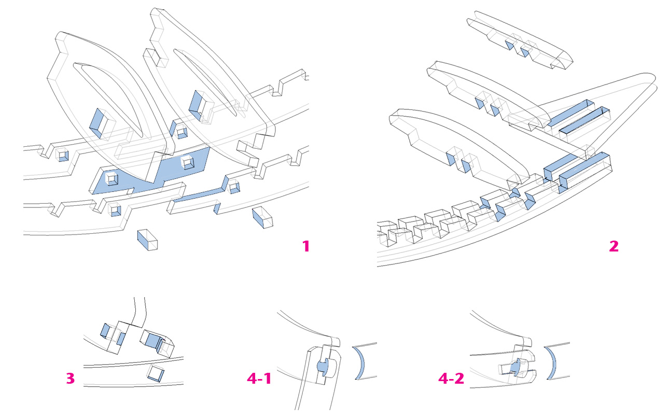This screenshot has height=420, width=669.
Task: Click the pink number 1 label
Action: [x=306, y=246]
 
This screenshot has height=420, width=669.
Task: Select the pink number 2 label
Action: [x=614, y=246]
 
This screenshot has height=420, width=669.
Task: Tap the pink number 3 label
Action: [x=70, y=379]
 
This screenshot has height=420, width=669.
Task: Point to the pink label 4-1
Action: [x=259, y=379]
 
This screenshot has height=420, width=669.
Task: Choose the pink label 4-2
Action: [x=451, y=379]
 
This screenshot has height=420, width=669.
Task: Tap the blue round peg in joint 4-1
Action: [x=322, y=367]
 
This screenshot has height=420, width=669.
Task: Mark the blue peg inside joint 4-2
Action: [x=514, y=367]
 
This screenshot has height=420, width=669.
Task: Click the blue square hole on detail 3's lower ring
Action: [x=155, y=373]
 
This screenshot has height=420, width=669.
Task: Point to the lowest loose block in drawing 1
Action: [x=147, y=240]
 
